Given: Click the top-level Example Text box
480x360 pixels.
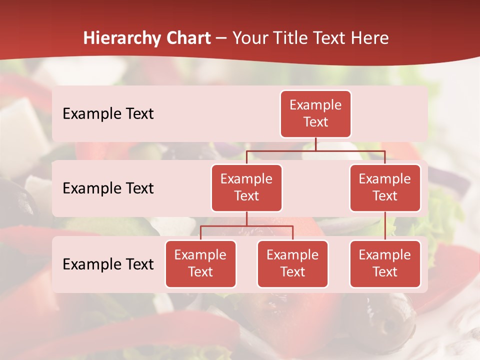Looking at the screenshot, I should pyautogui.click(x=315, y=114).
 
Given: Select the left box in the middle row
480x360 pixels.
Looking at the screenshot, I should pyautogui.click(x=246, y=188).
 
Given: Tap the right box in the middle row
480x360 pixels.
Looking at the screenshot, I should pyautogui.click(x=385, y=188).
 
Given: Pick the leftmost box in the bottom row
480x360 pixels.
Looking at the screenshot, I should pyautogui.click(x=200, y=264).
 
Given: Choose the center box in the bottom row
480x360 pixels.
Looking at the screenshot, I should pyautogui.click(x=292, y=264).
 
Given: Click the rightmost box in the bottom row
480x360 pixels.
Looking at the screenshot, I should pyautogui.click(x=385, y=264).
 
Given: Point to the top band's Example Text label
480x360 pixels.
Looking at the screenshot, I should pyautogui.click(x=108, y=114).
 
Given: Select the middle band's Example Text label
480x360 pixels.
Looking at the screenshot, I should pyautogui.click(x=108, y=188).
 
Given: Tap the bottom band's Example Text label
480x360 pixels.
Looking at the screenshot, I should pyautogui.click(x=108, y=264).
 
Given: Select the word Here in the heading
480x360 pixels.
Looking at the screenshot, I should pyautogui.click(x=371, y=38).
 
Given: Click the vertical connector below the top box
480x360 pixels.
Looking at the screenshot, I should pyautogui.click(x=315, y=144).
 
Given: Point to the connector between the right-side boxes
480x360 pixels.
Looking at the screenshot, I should pyautogui.click(x=385, y=226).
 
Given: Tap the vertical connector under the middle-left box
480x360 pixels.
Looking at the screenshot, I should pyautogui.click(x=246, y=218).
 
